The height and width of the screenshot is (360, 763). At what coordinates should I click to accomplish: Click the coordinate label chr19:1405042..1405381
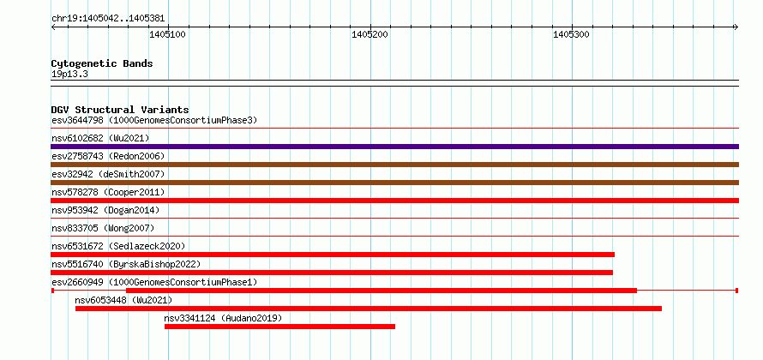click(108, 19)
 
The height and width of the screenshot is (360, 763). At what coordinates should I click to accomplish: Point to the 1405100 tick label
click(168, 34)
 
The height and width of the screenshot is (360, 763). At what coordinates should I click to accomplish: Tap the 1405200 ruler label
click(370, 34)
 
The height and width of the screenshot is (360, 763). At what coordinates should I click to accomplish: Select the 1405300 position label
click(572, 34)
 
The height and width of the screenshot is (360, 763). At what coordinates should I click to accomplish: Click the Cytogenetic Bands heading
click(102, 63)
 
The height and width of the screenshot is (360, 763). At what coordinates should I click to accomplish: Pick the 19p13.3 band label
click(69, 75)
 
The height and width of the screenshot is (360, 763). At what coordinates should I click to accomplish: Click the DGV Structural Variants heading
click(120, 110)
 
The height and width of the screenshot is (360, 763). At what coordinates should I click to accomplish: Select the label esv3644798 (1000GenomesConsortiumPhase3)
click(154, 120)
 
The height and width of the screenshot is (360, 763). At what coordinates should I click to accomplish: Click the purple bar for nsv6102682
click(394, 147)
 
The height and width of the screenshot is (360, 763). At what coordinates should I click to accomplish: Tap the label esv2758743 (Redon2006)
click(108, 156)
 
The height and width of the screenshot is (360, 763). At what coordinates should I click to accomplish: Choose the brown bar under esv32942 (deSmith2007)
click(394, 183)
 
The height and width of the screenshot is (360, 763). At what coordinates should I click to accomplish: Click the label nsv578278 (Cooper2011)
click(108, 192)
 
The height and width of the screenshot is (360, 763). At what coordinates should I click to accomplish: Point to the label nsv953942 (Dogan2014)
click(105, 210)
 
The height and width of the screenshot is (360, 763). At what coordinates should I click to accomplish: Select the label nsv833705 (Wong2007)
click(103, 228)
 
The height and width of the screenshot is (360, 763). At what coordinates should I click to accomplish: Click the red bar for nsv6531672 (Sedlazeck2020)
click(333, 255)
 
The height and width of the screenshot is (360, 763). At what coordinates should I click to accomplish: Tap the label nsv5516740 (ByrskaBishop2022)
click(126, 264)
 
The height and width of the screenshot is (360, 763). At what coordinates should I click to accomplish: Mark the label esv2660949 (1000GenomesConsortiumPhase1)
click(154, 282)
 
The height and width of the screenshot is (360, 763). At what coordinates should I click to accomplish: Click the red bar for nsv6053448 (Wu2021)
click(369, 309)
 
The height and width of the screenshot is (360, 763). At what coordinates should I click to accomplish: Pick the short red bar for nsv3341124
click(279, 327)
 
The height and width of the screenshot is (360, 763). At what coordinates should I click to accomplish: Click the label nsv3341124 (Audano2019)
click(223, 318)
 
